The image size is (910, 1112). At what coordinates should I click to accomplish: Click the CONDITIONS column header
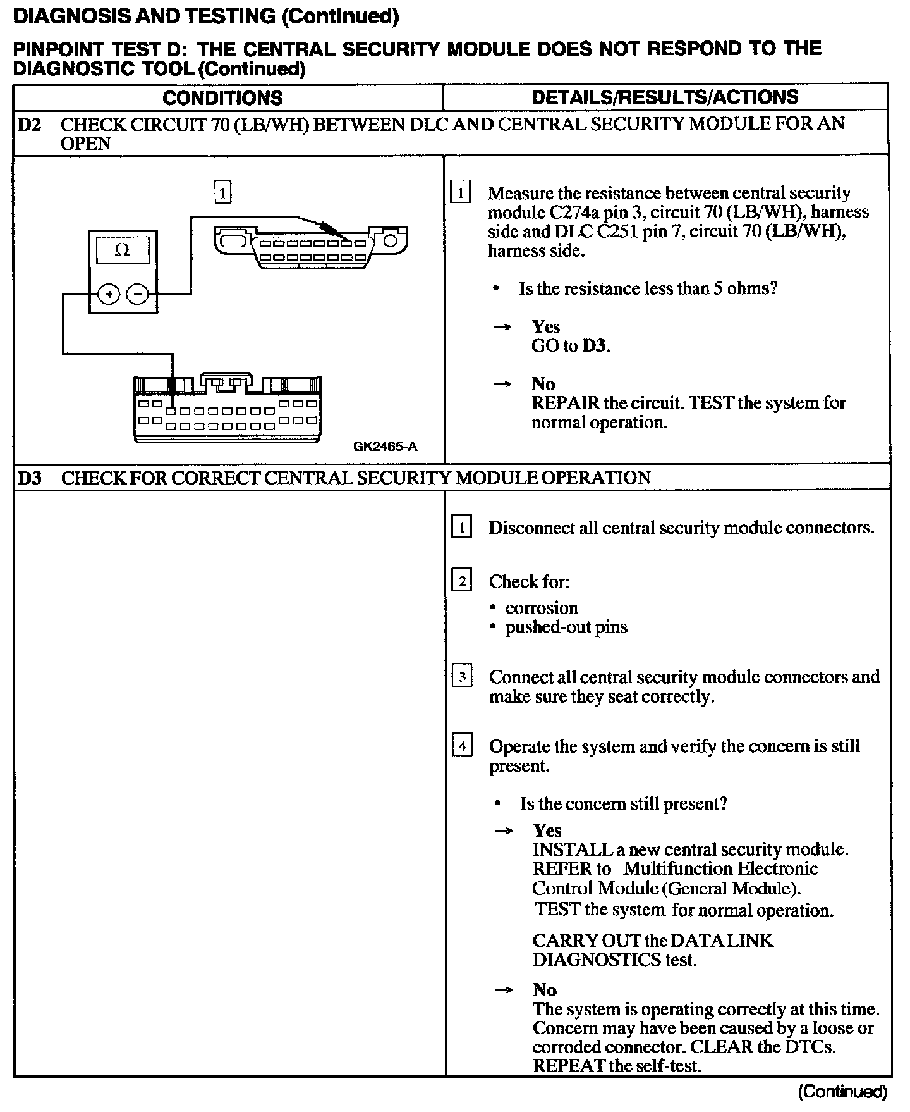pos(222,98)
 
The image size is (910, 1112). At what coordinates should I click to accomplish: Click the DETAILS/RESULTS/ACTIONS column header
pos(665,97)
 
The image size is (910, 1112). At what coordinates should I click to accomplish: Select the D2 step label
pos(29,123)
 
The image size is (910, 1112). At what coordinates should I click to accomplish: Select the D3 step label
pos(29,478)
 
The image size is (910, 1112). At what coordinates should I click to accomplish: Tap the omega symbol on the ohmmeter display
pos(122,250)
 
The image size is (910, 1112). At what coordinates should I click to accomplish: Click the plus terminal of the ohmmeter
pos(109,294)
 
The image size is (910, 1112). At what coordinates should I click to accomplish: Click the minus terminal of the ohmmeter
pos(138,294)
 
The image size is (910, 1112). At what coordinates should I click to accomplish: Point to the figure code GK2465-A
pos(385,447)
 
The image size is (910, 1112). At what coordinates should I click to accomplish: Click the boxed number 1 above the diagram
pos(223,192)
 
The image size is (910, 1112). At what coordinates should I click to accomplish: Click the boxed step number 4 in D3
pos(462,747)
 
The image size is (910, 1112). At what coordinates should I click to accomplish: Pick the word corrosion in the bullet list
pos(541,608)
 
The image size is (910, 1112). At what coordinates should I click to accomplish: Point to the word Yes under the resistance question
pos(545,327)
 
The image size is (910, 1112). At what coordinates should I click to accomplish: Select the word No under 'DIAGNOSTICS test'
pos(544,990)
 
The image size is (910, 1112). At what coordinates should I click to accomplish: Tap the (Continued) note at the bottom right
pos(842,1092)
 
